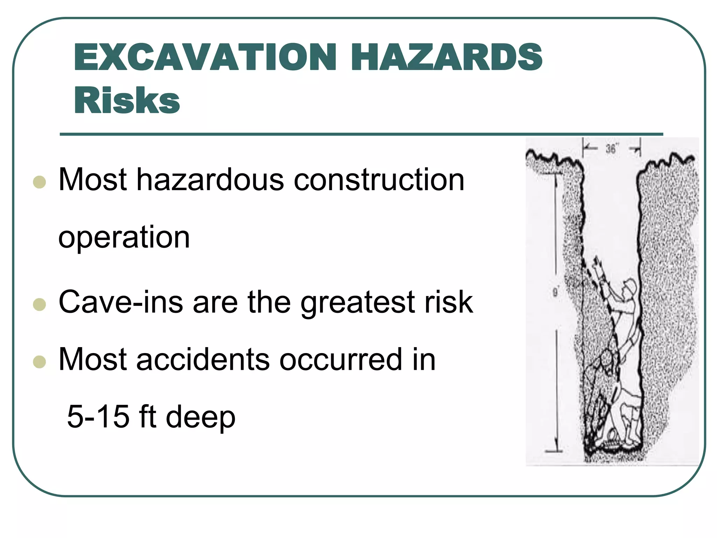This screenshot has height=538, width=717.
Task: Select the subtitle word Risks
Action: [127, 101]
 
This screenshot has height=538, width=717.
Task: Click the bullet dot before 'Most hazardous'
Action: [39, 182]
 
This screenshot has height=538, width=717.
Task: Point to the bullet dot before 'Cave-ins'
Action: [39, 304]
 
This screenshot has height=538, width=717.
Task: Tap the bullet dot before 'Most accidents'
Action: [39, 362]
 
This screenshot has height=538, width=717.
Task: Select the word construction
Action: [379, 180]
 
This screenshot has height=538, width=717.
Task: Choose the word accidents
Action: [203, 359]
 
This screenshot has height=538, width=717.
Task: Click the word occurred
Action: [341, 359]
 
